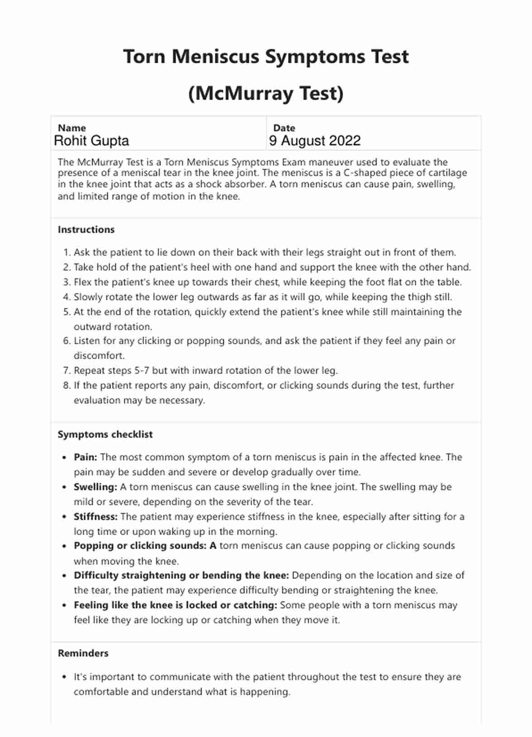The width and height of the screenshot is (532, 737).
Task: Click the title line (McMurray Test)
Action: pos(266,94)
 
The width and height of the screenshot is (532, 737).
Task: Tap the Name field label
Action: pos(71,128)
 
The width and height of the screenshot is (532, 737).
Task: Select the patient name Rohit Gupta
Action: pos(91,141)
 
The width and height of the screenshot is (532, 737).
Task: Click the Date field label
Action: pos(284,128)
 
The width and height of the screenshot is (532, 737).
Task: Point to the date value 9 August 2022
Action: pos(315,141)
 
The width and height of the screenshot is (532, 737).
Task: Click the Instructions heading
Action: pos(86,230)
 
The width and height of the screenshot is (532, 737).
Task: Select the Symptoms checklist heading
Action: pos(105,435)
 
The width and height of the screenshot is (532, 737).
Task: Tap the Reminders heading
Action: pos(83,653)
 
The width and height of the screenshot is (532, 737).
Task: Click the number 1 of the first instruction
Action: pos(66,253)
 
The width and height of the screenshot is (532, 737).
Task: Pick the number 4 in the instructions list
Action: pos(66,298)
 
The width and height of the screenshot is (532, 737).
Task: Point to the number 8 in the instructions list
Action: pos(66,386)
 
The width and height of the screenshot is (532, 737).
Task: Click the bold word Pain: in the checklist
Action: pos(85,457)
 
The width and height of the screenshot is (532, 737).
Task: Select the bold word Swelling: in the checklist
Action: pos(95,487)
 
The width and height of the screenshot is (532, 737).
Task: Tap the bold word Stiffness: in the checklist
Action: pos(95,517)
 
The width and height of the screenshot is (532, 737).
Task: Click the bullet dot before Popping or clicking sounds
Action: pos(65,546)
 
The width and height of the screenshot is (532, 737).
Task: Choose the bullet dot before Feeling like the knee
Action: pos(65,605)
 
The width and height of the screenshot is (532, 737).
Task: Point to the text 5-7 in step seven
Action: pos(142,371)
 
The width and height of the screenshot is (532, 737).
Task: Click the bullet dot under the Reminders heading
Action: pos(65,677)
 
